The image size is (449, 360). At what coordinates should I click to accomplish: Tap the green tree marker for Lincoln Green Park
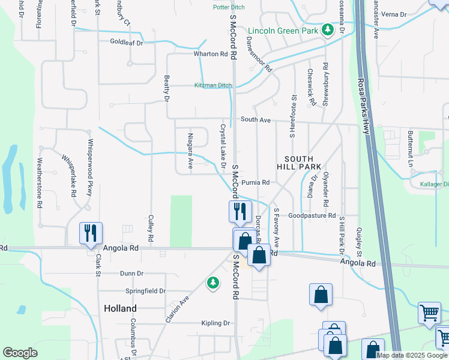[x=327, y=29]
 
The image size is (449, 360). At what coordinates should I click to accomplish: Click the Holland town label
[x=120, y=308]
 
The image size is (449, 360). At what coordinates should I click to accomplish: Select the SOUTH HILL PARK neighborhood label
[x=299, y=163]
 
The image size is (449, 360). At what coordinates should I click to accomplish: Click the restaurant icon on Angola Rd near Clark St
[x=91, y=232]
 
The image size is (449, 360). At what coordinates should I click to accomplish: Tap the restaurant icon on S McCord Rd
[x=239, y=211]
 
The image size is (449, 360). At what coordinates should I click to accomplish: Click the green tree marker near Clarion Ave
[x=212, y=282]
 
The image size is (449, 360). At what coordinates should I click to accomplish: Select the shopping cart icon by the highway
[x=429, y=313]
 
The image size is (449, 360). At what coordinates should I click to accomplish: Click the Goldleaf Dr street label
[x=127, y=43]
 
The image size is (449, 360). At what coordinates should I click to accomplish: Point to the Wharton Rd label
[x=211, y=54]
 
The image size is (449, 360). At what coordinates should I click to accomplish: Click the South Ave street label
[x=256, y=120]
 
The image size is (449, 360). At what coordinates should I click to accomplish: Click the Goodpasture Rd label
[x=311, y=215]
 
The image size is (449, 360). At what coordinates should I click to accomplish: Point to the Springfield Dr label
[x=145, y=291]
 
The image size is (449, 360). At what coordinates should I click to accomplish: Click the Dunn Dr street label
[x=131, y=273]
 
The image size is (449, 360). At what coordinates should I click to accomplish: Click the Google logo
[x=20, y=353]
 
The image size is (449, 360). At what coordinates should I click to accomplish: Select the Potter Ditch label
[x=229, y=7]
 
